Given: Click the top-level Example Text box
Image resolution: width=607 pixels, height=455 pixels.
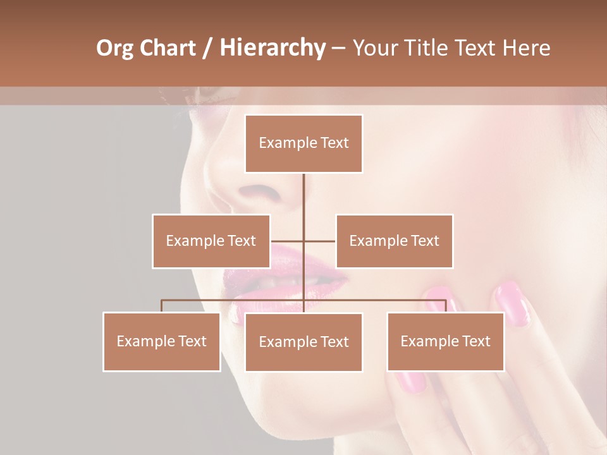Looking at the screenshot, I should (303, 143).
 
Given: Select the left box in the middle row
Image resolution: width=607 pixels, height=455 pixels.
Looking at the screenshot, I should (211, 241).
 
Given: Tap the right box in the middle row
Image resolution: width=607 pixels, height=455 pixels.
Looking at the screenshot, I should (394, 241).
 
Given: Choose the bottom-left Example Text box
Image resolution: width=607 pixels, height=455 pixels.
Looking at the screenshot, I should (162, 341).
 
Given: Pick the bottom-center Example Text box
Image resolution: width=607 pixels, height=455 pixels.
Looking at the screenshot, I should (303, 342).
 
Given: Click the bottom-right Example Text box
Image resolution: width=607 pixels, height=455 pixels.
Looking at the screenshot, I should (445, 341).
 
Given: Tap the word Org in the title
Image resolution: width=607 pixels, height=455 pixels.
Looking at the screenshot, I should (115, 48).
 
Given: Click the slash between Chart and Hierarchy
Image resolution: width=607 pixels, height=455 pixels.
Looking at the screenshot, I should (207, 48).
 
